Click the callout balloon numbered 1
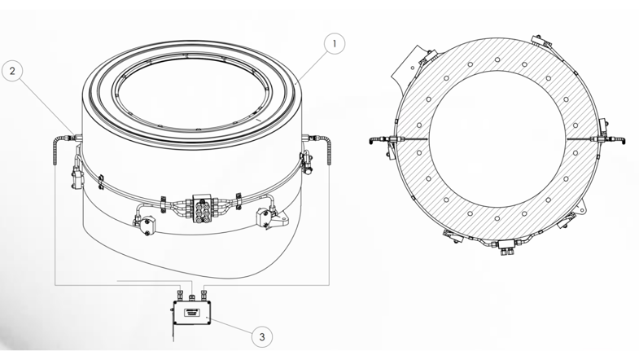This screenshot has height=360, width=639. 335,44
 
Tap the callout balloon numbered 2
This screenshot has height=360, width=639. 12,71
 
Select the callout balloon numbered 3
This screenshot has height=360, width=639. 261,336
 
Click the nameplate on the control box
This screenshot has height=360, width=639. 192,313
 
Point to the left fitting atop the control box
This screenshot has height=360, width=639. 180,293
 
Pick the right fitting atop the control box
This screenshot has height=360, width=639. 204,293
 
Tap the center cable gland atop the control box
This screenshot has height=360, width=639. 192,296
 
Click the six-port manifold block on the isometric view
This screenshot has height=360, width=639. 202,208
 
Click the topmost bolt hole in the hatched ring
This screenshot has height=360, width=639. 497,60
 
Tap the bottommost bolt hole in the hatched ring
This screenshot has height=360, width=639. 497,218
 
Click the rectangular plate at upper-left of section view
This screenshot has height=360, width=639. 409,64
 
